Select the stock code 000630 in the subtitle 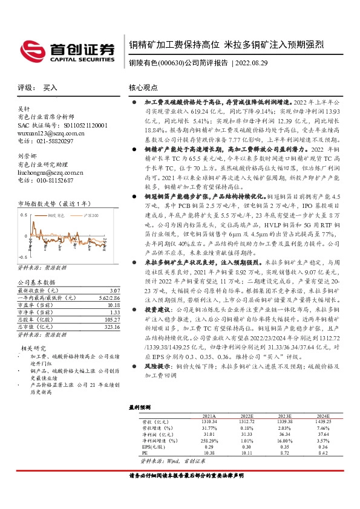(179, 63)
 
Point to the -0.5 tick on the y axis (23, 257)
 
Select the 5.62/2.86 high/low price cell (101, 298)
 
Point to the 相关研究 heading (34, 348)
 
